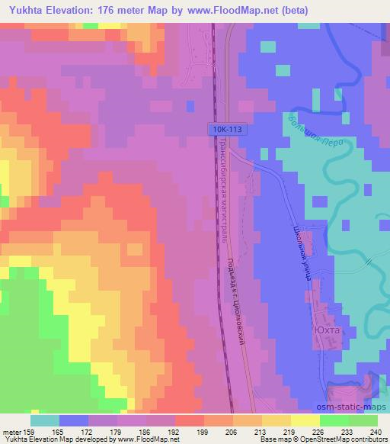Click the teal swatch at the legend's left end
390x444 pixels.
point(45,420)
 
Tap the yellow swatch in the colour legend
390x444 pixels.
point(305,420)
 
